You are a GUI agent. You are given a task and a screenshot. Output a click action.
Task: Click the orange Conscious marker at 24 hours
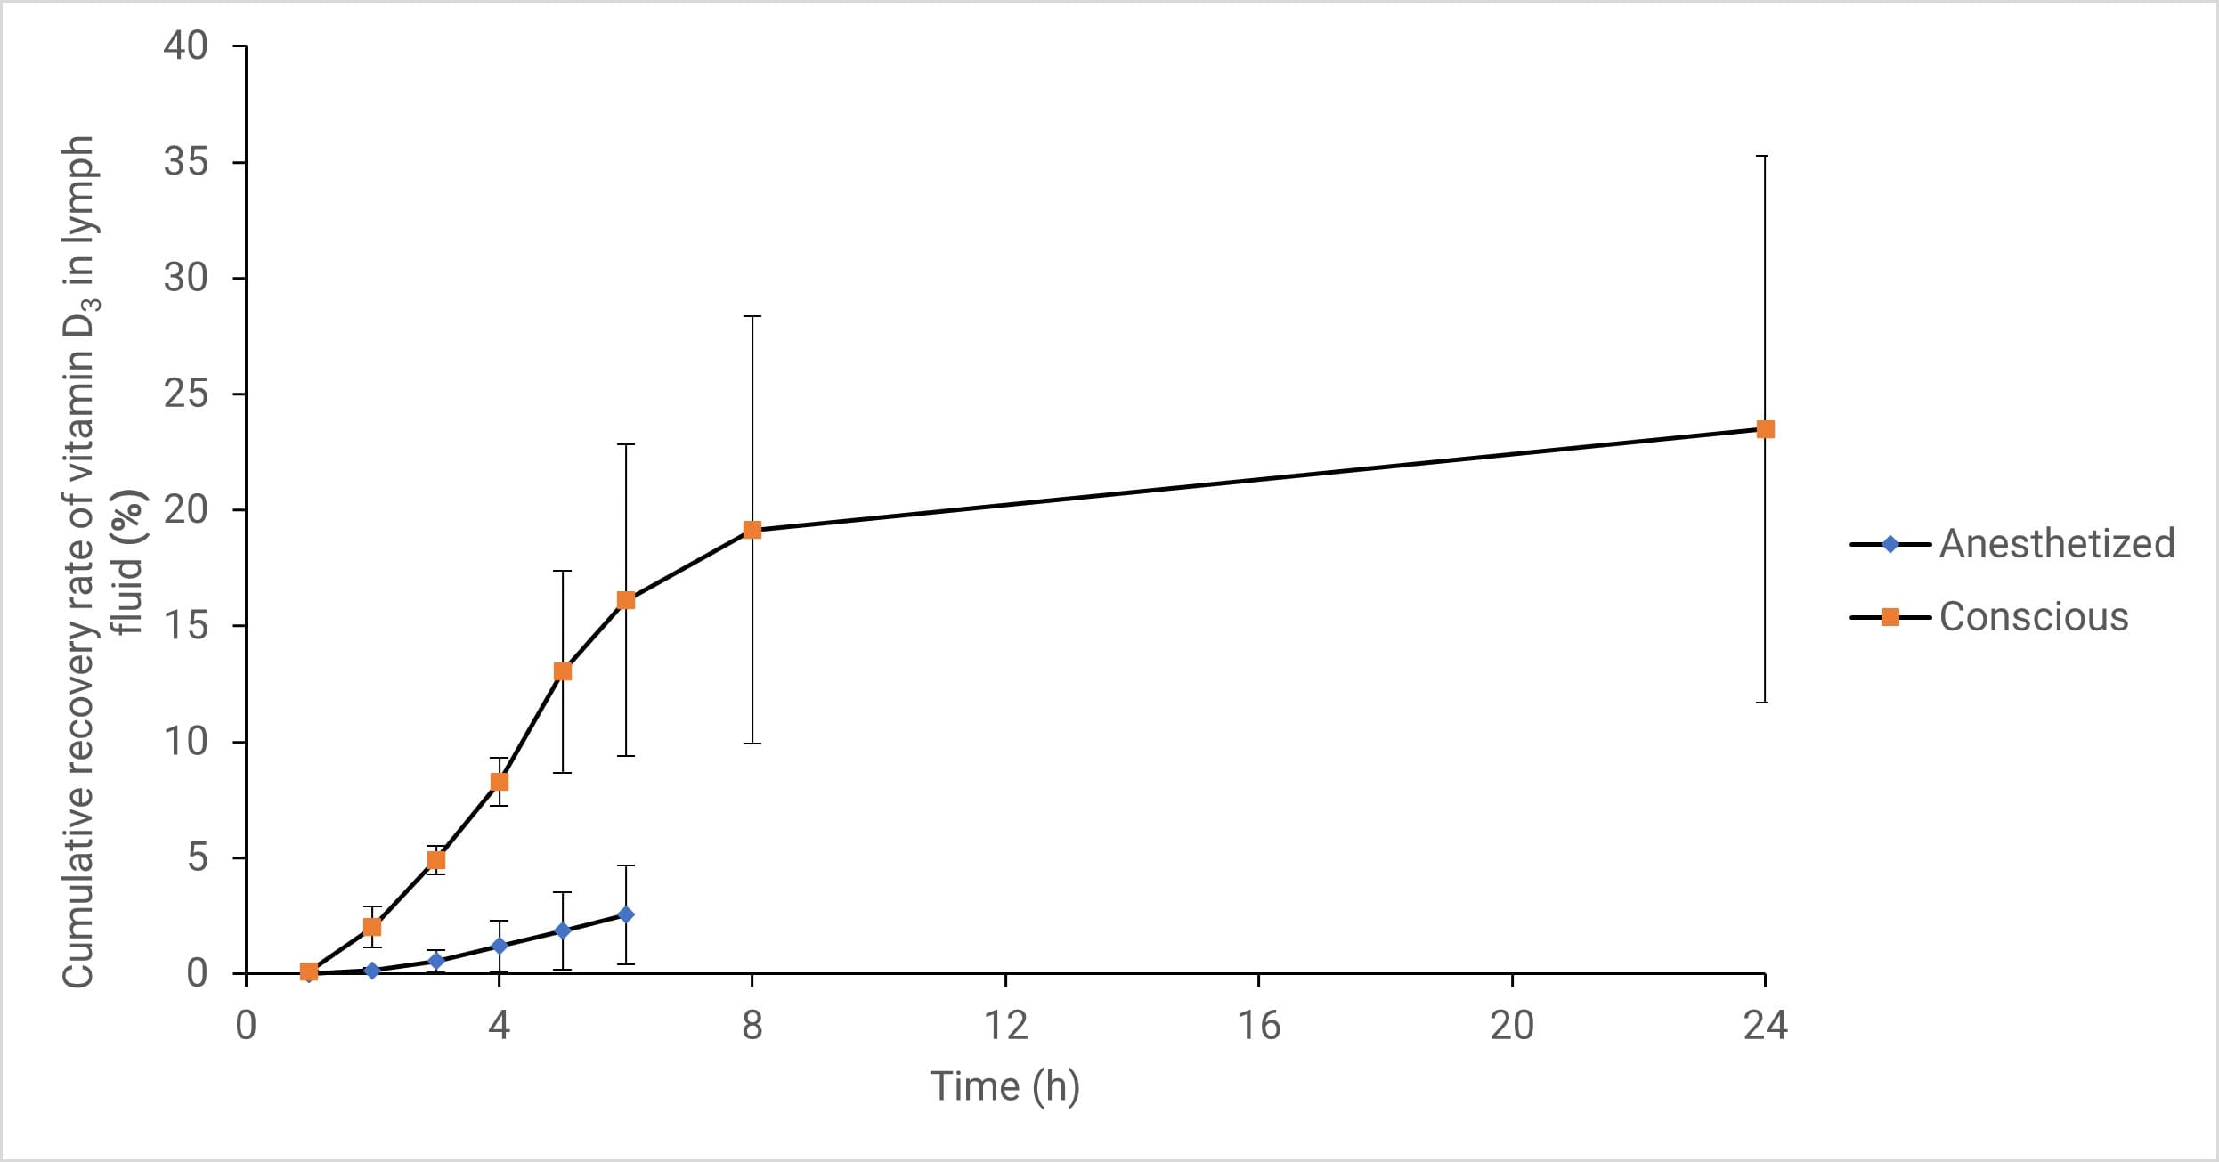[1765, 429]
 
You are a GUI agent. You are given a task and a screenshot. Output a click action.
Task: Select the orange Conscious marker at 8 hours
[752, 530]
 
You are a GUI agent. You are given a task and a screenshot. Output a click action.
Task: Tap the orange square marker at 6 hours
[626, 600]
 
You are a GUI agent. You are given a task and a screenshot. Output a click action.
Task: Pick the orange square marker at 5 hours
[563, 671]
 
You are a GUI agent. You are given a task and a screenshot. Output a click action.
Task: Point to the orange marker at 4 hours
[500, 782]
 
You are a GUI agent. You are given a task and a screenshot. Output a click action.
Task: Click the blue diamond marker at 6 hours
[626, 914]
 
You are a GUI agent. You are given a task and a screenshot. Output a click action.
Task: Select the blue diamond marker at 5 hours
[563, 930]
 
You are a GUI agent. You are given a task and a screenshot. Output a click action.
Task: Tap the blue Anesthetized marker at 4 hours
[500, 946]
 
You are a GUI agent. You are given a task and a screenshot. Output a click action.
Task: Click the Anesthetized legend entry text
[2057, 543]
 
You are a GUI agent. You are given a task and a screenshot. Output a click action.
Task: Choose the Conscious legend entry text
[2034, 617]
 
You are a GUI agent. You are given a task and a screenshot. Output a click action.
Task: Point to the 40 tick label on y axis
[185, 45]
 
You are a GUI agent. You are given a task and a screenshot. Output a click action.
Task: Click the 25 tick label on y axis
[185, 394]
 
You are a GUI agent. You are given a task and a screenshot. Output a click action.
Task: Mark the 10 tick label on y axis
[185, 741]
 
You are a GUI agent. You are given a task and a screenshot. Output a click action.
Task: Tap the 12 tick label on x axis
[1005, 1026]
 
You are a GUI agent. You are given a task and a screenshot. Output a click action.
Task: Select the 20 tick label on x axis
[1512, 1026]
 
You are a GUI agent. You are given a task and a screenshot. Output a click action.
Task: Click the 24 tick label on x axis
[1765, 1026]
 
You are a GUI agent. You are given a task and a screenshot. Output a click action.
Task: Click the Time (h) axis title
[1004, 1087]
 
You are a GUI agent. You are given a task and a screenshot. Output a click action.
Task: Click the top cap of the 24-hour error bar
[1765, 156]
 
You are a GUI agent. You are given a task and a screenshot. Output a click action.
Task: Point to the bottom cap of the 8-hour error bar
[752, 743]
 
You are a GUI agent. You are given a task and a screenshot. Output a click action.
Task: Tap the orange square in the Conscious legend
[1890, 617]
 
